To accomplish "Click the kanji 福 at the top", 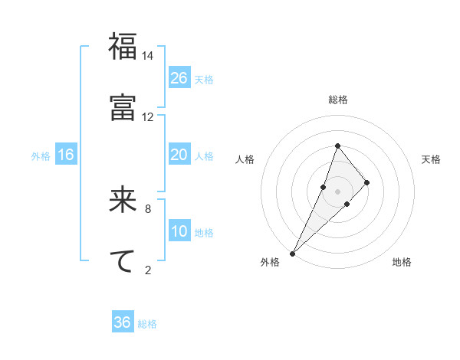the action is pos(123,47).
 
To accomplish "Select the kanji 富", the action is pos(123,107).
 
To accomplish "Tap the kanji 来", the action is pos(123,201).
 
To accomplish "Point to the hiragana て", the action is pos(123,261).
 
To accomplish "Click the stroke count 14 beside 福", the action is pos(148,56).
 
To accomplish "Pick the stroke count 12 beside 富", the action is pos(148,116).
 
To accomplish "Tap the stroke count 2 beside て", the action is pos(148,270).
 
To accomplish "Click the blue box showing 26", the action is pos(179,78).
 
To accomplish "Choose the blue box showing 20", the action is pos(179,155).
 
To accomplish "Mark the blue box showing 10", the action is pos(179,231).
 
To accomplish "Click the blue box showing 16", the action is pos(66,155).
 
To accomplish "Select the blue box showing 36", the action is pos(123,322).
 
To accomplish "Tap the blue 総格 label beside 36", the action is pos(147,324).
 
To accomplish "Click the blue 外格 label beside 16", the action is pos(41,156).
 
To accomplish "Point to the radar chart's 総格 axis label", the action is pos(337,100).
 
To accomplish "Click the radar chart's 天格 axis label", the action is pos(431,159).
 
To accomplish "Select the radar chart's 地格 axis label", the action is pos(402,262).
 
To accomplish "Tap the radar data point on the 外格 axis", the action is pos(292,253).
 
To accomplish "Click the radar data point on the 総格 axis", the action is pos(337,146).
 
